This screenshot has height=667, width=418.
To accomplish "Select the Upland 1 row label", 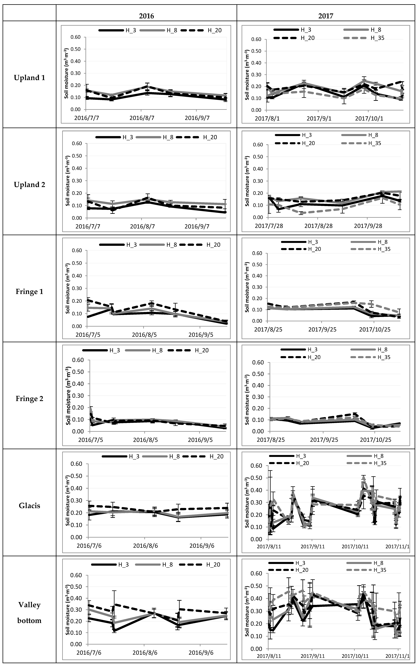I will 29,78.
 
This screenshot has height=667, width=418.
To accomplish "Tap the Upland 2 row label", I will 29,185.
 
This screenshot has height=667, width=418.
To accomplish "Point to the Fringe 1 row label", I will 29,292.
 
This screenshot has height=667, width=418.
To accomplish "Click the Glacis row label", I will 29,506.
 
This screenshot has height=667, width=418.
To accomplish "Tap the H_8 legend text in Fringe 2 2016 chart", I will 157,350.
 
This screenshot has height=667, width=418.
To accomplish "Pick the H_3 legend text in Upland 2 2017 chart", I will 307,135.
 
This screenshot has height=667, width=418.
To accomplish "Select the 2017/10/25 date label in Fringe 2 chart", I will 375,440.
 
